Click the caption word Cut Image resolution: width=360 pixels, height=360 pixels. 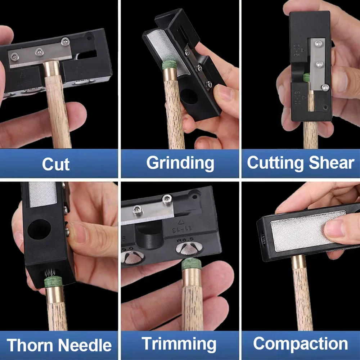pos(56,164)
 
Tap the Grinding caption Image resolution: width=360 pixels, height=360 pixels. pos(180,163)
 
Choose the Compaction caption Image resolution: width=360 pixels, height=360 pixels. pos(300,344)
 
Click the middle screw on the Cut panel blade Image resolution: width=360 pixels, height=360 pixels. pos(38,53)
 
